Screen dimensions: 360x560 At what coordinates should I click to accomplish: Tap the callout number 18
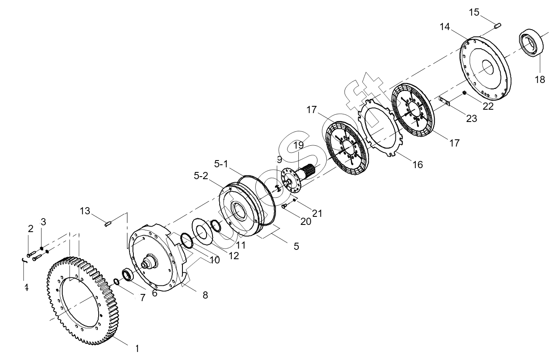[x=540, y=79]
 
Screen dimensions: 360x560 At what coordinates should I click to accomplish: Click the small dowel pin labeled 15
[x=498, y=26]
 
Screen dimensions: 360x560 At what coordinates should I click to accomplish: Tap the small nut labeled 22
[x=464, y=92]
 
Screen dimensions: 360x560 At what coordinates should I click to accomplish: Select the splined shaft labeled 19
[x=306, y=172]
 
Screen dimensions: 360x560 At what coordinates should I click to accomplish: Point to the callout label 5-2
[x=201, y=176]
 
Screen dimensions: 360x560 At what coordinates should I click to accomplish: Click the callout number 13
[x=85, y=211]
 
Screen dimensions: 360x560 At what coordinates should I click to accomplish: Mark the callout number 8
[x=205, y=295]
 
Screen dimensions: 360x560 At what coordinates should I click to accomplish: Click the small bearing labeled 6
[x=128, y=274]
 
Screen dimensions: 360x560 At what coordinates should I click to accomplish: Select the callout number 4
[x=26, y=288]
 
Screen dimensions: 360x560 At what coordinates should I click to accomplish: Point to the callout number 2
[x=30, y=229]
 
